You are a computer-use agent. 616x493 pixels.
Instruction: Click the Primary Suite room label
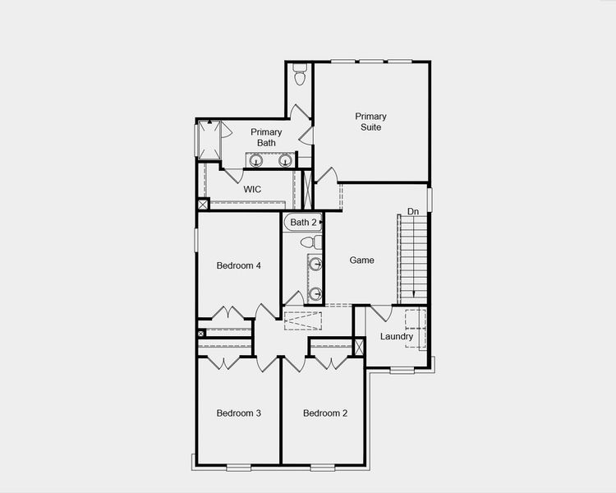[x=370, y=122]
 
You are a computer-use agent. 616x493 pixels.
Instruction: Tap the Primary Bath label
[x=266, y=137]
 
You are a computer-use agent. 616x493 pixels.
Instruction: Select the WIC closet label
[x=252, y=189]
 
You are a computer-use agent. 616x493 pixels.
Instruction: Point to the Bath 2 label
[x=302, y=222]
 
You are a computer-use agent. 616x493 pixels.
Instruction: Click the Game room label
[x=361, y=260]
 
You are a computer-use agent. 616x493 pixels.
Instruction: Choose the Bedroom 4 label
[x=238, y=265]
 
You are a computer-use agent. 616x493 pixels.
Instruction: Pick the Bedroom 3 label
[x=238, y=412]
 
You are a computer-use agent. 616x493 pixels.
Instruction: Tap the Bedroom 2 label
[x=324, y=412]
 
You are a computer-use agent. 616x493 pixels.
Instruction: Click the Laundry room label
[x=397, y=336]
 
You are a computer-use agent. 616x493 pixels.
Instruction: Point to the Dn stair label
[x=413, y=212]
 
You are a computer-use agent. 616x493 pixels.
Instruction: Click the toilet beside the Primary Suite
[x=300, y=75]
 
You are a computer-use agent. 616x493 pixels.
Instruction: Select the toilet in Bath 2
[x=310, y=242]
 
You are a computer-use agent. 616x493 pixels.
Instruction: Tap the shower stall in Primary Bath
[x=209, y=140]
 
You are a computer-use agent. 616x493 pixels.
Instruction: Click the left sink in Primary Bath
[x=256, y=161]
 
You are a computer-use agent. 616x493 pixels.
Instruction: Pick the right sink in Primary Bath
[x=286, y=161]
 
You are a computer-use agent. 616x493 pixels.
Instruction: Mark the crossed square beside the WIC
[x=203, y=203]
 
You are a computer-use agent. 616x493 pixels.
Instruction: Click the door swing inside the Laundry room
[x=380, y=312]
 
